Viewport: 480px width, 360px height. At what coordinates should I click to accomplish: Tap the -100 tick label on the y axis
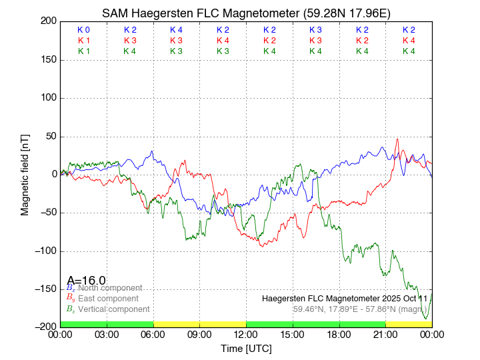pos(47,251)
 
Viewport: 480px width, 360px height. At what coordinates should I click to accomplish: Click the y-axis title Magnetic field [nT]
pos(25,173)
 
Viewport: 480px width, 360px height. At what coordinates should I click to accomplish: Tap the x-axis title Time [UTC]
pos(246,348)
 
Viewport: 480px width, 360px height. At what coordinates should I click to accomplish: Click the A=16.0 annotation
pos(86,280)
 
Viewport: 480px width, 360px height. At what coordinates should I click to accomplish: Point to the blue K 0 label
pos(83,30)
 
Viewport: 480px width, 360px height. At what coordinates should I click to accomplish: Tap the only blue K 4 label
pos(176,30)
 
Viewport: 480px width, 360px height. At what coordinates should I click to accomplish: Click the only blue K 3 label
pos(315,30)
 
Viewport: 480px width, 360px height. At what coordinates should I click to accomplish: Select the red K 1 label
pos(83,41)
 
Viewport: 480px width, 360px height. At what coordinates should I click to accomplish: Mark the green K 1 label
pos(83,51)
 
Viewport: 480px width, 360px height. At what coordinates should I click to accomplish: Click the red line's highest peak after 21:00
pos(398,139)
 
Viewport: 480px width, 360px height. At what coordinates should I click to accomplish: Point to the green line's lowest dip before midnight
pos(426,319)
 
